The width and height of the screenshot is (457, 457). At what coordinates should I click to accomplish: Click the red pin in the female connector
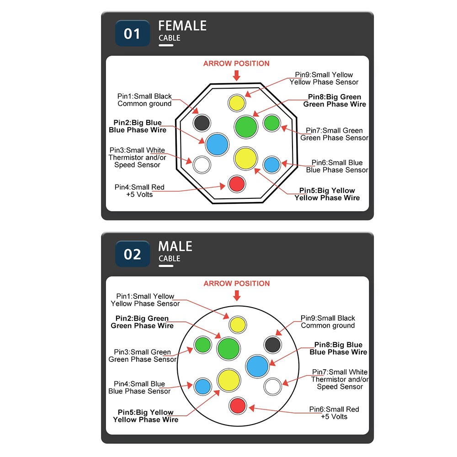pyautogui.click(x=237, y=184)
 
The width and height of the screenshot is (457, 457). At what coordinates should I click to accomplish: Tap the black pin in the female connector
pyautogui.click(x=202, y=122)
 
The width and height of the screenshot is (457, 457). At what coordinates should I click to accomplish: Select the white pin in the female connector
pyautogui.click(x=202, y=165)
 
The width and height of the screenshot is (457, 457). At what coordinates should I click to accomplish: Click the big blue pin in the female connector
pyautogui.click(x=217, y=144)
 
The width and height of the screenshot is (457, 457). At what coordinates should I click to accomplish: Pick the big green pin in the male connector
pyautogui.click(x=229, y=349)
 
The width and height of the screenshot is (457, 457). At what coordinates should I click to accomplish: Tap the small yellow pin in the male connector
pyautogui.click(x=238, y=324)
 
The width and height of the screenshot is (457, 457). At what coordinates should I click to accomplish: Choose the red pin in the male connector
pyautogui.click(x=238, y=405)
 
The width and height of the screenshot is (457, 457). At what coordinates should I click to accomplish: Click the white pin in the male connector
pyautogui.click(x=272, y=387)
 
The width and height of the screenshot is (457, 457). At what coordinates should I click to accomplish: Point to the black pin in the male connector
pyautogui.click(x=272, y=345)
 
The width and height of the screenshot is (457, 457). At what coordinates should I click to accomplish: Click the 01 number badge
pyautogui.click(x=133, y=33)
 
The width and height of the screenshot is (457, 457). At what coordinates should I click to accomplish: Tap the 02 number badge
pyautogui.click(x=133, y=254)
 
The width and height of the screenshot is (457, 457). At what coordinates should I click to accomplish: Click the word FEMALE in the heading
pyautogui.click(x=182, y=26)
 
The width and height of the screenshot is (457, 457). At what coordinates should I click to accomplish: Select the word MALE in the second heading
pyautogui.click(x=175, y=246)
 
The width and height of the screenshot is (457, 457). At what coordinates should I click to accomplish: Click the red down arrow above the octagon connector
pyautogui.click(x=237, y=75)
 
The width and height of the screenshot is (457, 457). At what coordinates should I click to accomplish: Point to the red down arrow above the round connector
pyautogui.click(x=237, y=295)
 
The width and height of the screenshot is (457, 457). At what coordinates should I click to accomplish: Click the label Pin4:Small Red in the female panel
pyautogui.click(x=139, y=187)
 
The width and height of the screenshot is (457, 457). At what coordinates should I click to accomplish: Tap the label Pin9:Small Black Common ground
pyautogui.click(x=328, y=322)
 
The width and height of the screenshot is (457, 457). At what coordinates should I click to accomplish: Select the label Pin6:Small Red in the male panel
pyautogui.click(x=334, y=409)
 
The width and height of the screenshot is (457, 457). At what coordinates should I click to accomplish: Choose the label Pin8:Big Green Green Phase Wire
pyautogui.click(x=335, y=101)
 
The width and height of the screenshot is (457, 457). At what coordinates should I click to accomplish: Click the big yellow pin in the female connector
pyautogui.click(x=246, y=158)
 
